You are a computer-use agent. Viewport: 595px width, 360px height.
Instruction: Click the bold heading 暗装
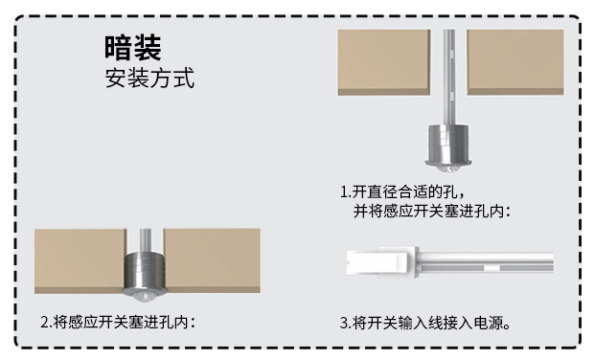pos(133,48)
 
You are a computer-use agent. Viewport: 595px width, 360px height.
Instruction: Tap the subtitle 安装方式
pos(149,78)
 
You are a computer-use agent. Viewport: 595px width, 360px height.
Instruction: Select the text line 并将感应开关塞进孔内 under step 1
pos(432,212)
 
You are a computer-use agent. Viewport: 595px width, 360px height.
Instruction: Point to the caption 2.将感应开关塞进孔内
pos(118,322)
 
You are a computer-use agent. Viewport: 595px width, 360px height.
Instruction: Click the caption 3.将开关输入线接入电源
pos(425,324)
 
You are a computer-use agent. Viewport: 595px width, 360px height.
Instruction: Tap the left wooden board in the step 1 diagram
pos(384,62)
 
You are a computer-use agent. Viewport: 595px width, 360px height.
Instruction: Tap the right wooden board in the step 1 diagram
pos(515,62)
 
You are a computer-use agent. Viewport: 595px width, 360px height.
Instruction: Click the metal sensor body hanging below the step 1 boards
pos(448,145)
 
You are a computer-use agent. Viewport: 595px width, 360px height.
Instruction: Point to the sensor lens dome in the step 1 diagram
pos(448,169)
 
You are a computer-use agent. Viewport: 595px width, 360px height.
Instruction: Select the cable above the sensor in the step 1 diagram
pos(449,78)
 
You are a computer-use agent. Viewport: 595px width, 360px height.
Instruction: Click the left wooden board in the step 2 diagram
pos(80,261)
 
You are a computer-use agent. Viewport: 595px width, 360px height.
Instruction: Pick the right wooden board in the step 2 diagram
pos(212,260)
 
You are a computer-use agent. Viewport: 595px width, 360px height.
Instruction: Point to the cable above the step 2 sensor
pos(146,240)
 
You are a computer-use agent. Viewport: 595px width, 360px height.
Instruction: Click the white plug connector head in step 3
pos(382,262)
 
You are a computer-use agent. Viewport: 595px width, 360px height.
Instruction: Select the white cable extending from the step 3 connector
pos(487,262)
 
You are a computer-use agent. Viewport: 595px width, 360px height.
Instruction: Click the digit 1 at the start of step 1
pos(343,191)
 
